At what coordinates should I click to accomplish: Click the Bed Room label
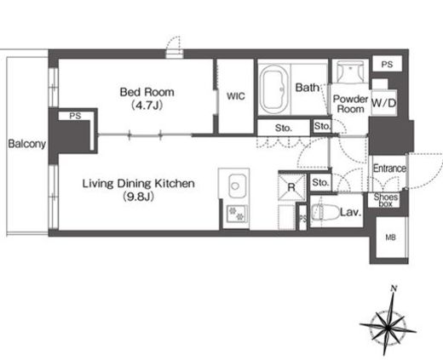point(147,92)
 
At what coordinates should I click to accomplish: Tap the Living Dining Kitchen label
point(139,184)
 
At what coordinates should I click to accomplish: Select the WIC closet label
point(236,96)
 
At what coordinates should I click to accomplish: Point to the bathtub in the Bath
point(274,89)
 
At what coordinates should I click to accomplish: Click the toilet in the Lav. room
point(325,212)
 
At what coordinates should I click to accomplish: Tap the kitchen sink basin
point(237,186)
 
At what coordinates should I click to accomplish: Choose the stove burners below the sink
point(237,214)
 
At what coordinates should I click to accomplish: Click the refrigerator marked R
point(292,187)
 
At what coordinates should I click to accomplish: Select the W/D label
point(384,103)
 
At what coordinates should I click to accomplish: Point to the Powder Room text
point(350,104)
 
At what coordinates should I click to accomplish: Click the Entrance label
point(389,169)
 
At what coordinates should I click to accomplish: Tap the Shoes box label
point(386,200)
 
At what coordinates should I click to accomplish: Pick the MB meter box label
point(390,237)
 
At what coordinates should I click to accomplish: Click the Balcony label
point(27,144)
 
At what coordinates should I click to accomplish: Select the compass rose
point(388,326)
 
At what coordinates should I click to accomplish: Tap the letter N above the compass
point(394,289)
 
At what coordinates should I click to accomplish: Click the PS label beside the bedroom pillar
point(75,116)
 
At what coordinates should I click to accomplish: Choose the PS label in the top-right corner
point(387,65)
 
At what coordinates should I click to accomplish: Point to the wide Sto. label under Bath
point(284,129)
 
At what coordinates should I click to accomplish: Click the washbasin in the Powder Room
point(350,71)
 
